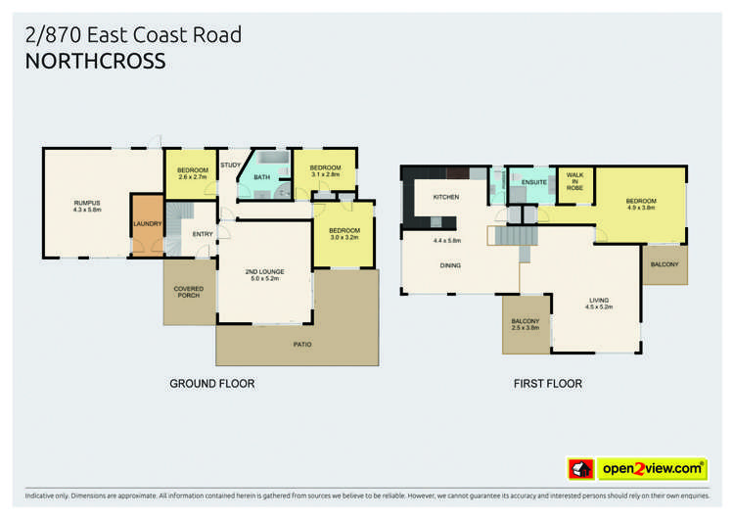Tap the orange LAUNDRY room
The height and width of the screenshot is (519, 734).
(147, 223)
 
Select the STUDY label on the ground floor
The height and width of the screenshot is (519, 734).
(230, 165)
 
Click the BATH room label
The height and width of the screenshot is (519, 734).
(261, 177)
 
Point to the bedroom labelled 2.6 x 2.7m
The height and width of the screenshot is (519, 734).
(192, 173)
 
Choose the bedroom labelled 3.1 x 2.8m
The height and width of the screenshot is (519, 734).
(325, 170)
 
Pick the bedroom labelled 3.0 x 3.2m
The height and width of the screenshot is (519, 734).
(344, 234)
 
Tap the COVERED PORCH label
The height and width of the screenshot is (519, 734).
(188, 292)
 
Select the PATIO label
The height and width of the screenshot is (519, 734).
(302, 345)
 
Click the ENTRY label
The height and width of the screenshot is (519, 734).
(203, 234)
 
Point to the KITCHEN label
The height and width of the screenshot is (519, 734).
(445, 198)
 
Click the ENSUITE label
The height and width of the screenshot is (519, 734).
(533, 182)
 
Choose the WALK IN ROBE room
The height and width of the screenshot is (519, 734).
(574, 184)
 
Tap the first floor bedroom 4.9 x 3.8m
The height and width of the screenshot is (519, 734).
(640, 205)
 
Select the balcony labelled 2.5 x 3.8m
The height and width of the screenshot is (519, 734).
(526, 325)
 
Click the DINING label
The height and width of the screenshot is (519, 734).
(450, 265)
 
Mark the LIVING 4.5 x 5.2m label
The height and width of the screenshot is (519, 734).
(599, 304)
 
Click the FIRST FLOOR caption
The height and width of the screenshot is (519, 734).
(547, 384)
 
